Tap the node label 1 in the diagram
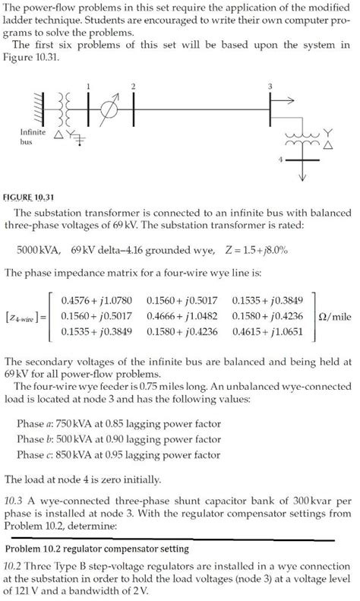click(x=89, y=85)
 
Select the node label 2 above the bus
click(x=134, y=85)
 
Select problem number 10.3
click(x=14, y=501)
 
